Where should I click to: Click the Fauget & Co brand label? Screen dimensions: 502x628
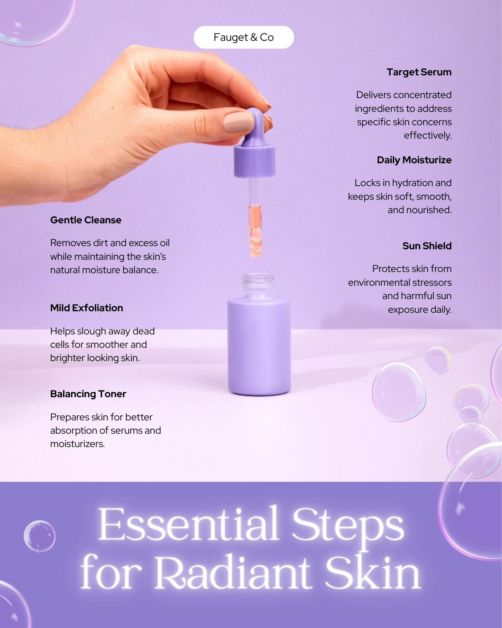click(x=244, y=37)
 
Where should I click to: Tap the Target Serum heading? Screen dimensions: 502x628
click(x=419, y=72)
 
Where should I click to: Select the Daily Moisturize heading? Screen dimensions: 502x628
click(x=414, y=160)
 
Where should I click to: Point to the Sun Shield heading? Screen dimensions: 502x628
click(x=427, y=246)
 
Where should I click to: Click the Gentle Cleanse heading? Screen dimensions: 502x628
click(x=86, y=220)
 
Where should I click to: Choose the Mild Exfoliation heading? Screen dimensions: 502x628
click(x=87, y=308)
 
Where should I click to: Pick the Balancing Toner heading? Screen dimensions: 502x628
click(x=88, y=394)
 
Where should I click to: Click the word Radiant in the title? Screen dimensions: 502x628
click(x=233, y=573)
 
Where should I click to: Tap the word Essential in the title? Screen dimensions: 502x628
click(x=188, y=524)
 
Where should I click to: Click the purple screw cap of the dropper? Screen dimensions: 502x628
click(x=255, y=161)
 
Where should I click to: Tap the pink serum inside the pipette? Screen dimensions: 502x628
click(x=255, y=230)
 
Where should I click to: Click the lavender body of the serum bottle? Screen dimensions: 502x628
click(x=259, y=347)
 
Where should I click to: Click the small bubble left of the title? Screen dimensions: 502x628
click(x=40, y=537)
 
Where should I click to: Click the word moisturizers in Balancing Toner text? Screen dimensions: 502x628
click(x=77, y=444)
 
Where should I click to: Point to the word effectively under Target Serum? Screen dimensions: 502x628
click(x=427, y=135)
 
